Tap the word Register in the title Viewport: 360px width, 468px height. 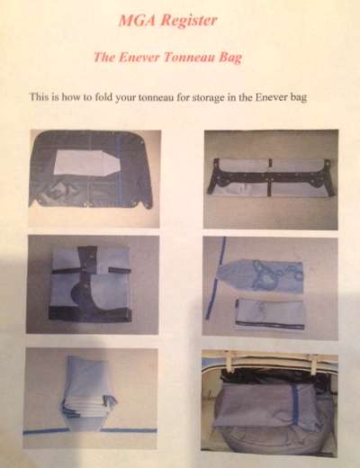pyautogui.click(x=188, y=21)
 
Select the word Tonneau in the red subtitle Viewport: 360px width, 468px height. pyautogui.click(x=189, y=57)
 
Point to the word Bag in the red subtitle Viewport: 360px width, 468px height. pyautogui.click(x=230, y=58)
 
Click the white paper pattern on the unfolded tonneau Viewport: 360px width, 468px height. pyautogui.click(x=84, y=163)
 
